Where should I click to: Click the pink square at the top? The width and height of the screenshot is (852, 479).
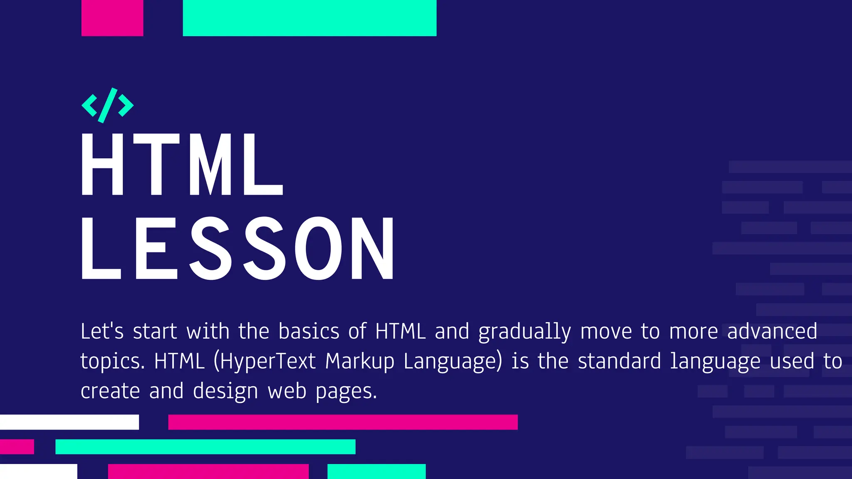point(112,18)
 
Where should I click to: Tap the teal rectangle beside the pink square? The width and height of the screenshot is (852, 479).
point(310,18)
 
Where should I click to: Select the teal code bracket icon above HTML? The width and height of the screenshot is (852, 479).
point(107,105)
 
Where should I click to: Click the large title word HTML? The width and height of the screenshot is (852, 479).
point(182,165)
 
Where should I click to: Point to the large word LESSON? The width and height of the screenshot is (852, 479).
point(238,248)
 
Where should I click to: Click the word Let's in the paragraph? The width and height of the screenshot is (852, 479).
point(102,331)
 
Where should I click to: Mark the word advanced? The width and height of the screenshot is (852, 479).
point(772,331)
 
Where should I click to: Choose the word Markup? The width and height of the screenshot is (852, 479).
point(359,361)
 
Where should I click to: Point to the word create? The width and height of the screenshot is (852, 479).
point(110,391)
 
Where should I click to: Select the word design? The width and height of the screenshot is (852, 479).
point(225,391)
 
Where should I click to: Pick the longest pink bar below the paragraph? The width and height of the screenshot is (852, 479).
point(343,422)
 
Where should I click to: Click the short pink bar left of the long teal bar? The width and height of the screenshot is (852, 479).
point(17,447)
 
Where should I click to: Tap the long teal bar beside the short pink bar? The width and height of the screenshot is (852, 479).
point(205,447)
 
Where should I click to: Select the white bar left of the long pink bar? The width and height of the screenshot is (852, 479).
point(69,422)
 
